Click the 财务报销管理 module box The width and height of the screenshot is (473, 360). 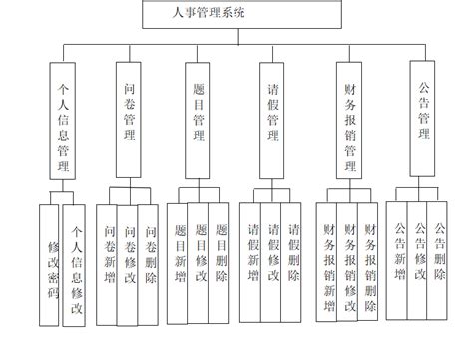coord(349,120)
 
